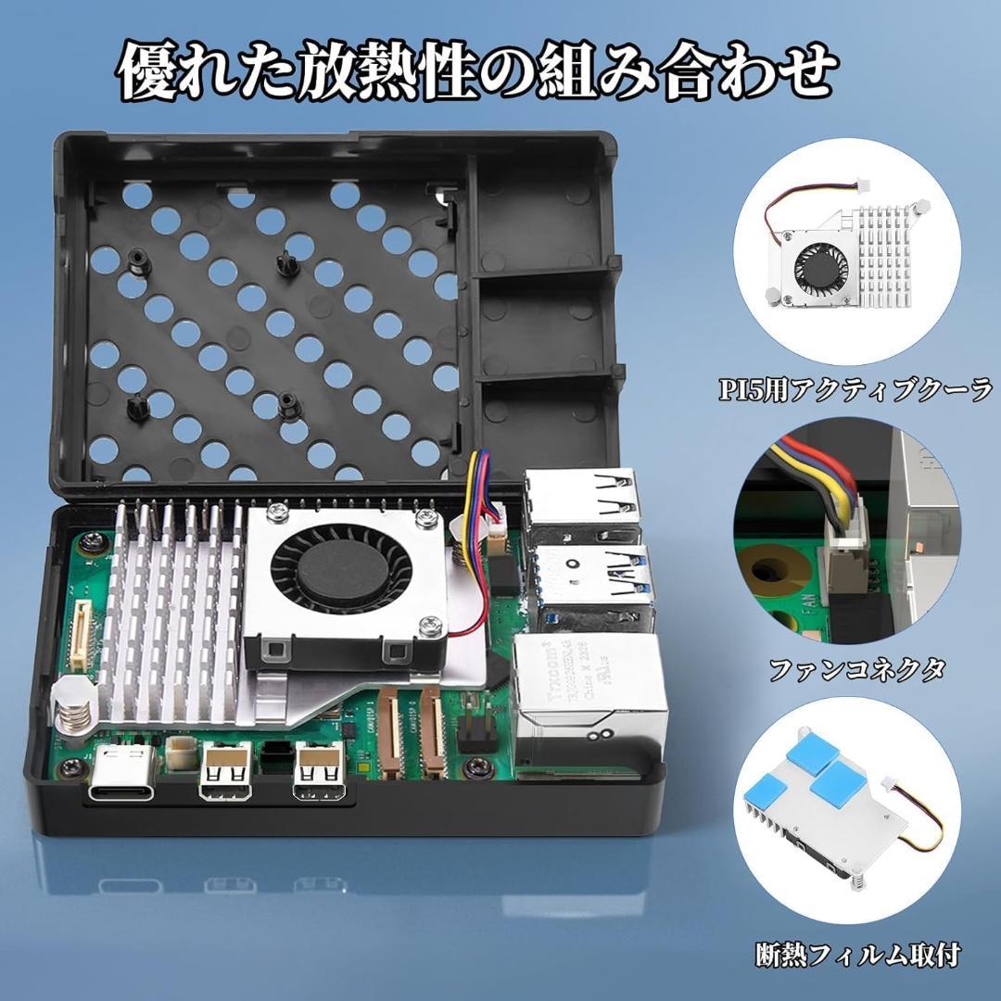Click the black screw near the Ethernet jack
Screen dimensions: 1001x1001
point(478,766)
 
